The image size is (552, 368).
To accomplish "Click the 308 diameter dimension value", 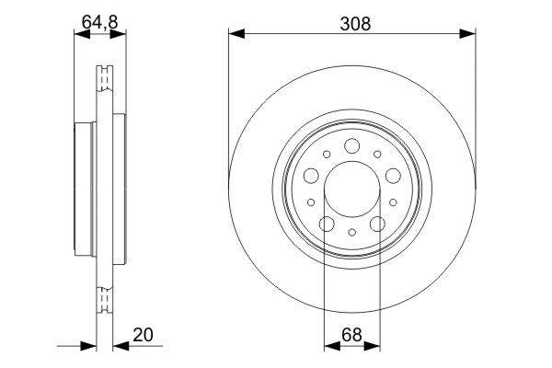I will coord(352,25).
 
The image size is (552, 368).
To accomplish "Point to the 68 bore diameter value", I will coord(351,337).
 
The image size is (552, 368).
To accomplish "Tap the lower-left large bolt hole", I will coord(327,224).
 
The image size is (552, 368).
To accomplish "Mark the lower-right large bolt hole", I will coord(376,224).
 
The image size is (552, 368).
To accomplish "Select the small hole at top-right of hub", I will coord(380,155).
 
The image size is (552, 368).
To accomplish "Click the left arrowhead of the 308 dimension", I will coord(235,35).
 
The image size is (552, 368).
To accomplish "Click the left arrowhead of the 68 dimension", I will coord(329,347).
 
